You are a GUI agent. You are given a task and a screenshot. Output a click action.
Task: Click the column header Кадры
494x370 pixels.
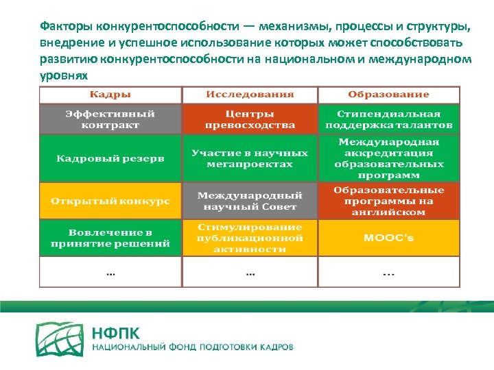(x=110, y=95)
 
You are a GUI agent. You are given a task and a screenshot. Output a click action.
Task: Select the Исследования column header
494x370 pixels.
(x=250, y=95)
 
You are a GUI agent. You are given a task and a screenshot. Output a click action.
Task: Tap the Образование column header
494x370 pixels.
(x=388, y=95)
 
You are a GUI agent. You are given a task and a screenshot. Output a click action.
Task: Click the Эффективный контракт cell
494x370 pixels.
(x=110, y=119)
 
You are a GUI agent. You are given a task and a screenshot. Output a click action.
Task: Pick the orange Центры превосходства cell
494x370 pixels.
(x=250, y=119)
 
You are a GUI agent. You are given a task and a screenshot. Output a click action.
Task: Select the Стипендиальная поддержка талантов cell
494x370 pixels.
(x=388, y=119)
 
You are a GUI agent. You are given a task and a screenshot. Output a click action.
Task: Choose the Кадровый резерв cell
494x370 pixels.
(x=110, y=158)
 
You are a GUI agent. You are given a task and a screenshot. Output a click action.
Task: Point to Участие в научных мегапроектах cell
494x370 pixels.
(x=250, y=158)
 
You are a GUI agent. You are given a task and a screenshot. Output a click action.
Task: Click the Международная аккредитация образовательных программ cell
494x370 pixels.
(x=388, y=158)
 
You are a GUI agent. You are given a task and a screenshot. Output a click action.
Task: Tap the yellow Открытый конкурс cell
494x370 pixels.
(x=110, y=200)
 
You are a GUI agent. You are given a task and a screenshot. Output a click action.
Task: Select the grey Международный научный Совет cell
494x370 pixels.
(x=250, y=200)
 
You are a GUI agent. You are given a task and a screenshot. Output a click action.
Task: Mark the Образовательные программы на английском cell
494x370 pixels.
(x=388, y=200)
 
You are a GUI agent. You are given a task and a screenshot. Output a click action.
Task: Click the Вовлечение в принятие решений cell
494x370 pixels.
(x=110, y=238)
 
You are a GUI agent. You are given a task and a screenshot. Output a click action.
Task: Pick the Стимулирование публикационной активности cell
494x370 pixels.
(x=250, y=238)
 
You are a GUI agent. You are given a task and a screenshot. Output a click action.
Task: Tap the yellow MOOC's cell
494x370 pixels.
(x=388, y=238)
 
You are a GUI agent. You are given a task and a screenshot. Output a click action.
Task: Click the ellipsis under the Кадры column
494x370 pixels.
(x=110, y=273)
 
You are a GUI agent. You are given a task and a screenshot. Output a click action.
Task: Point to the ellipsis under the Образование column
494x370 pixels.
(x=388, y=273)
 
